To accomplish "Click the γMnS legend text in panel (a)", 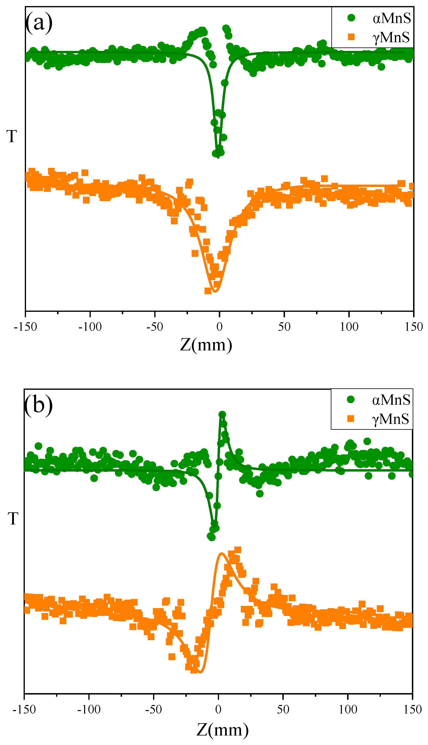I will click(x=391, y=37).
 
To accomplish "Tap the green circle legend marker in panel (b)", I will click(x=351, y=399).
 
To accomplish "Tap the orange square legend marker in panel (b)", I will click(x=350, y=418).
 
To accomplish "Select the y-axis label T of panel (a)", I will click(x=12, y=137).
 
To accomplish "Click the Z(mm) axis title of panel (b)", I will click(x=222, y=730).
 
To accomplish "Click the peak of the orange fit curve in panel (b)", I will click(x=221, y=553).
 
